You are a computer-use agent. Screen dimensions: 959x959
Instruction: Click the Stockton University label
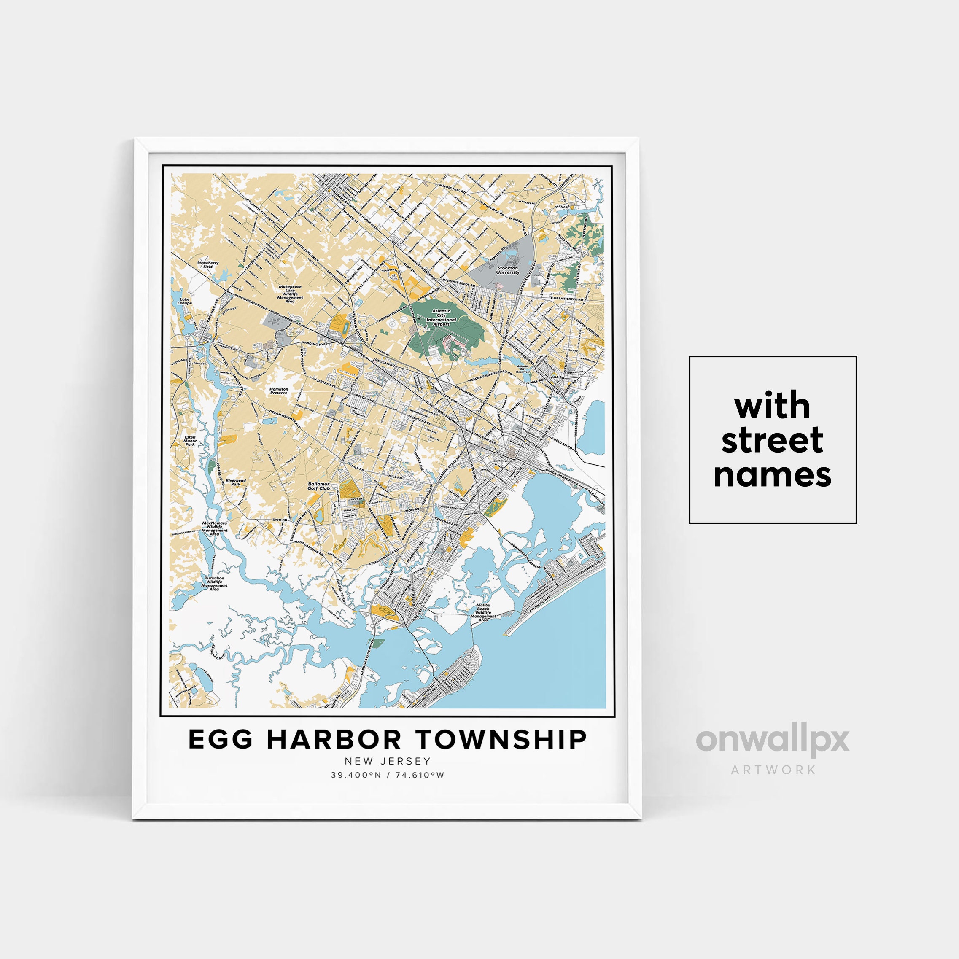pos(507,270)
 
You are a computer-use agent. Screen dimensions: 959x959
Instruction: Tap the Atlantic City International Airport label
pos(441,318)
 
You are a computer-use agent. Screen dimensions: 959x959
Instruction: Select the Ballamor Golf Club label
pos(318,486)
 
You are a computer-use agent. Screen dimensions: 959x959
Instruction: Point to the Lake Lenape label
pos(185,301)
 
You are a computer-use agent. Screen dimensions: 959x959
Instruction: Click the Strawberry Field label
pos(207,264)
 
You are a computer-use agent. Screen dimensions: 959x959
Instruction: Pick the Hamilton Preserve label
pos(278,391)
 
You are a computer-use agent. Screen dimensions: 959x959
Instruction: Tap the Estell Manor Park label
pos(190,441)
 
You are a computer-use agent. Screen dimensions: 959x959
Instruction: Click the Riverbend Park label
pos(236,482)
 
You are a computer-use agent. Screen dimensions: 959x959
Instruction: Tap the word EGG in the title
pos(221,740)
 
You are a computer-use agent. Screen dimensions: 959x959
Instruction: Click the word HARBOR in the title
pos(334,740)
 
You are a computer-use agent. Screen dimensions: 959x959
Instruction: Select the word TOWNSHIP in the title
pos(501,740)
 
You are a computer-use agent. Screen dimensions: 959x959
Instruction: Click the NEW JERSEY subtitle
pos(388,761)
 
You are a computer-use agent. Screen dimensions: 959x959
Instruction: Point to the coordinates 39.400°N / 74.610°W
pos(388,775)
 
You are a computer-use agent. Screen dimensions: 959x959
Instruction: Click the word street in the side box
pos(772,440)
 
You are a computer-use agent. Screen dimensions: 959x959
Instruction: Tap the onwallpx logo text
pos(772,741)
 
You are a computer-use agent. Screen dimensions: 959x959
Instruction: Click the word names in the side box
pos(772,474)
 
